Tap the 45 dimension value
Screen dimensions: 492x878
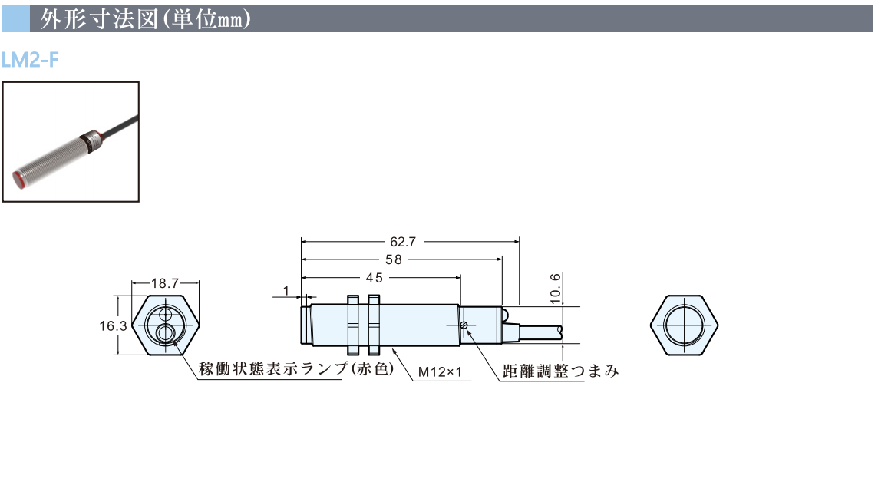374,278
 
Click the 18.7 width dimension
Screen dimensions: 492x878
164,284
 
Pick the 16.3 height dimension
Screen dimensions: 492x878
112,325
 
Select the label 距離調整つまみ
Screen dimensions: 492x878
560,372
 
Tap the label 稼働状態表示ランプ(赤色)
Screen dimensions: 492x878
295,369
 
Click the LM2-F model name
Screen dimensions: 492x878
30,60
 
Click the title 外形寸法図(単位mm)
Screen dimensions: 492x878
146,19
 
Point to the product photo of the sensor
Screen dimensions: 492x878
71,142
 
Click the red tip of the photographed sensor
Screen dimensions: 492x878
22,179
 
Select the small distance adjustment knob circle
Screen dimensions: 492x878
464,325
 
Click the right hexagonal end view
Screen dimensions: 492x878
685,325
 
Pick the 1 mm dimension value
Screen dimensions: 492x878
286,291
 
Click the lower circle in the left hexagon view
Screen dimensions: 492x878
165,332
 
